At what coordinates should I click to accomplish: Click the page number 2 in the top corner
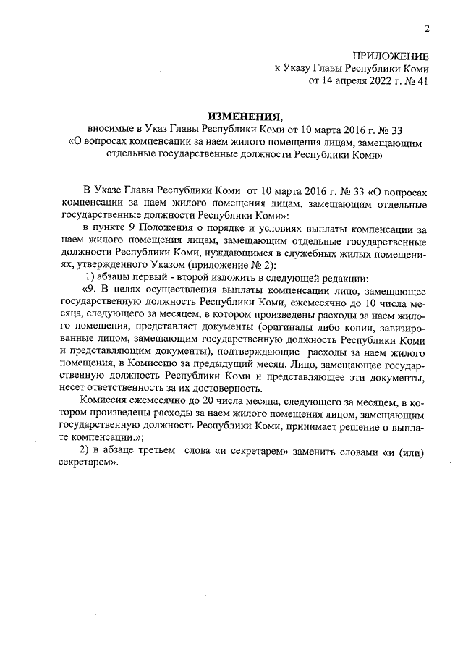[x=426, y=28]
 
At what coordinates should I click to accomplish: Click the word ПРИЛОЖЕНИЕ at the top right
[x=391, y=56]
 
